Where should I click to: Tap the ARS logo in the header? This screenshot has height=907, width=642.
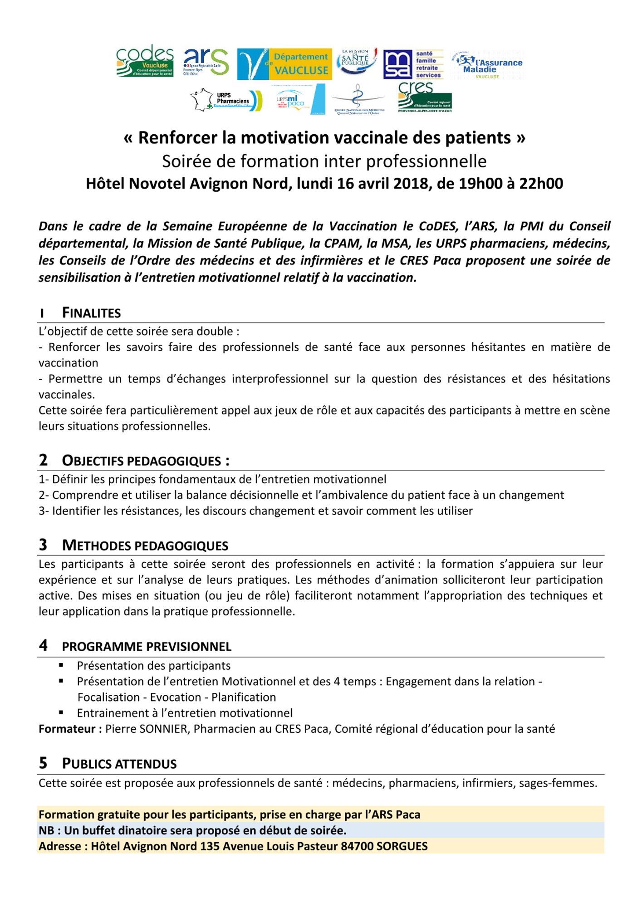(206, 62)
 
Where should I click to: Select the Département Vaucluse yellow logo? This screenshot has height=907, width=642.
(284, 64)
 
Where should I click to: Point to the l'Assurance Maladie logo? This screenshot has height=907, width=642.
(488, 65)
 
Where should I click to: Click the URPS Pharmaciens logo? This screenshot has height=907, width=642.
(226, 100)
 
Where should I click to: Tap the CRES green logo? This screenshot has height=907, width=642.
(424, 97)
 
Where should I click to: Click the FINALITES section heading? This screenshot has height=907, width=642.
(91, 313)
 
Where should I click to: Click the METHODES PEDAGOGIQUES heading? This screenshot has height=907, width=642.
(145, 545)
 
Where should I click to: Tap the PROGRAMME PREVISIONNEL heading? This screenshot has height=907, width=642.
(147, 647)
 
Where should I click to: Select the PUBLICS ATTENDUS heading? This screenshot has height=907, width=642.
(119, 764)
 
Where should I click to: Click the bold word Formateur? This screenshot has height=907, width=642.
(70, 729)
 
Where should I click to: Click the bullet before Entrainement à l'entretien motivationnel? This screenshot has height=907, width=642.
(61, 712)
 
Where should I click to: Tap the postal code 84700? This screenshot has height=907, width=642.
(358, 846)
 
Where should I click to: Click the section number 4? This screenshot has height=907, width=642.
(43, 645)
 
